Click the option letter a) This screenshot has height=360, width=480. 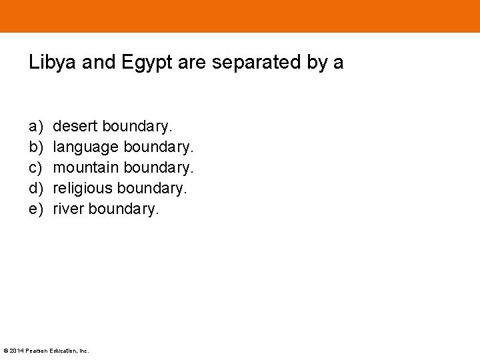[35, 126]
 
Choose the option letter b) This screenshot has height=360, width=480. [35, 147]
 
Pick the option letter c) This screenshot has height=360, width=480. [35, 167]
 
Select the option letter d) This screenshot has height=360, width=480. [35, 188]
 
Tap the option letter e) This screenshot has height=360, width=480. [35, 209]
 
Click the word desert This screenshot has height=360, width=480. [75, 126]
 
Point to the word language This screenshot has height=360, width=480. [86, 147]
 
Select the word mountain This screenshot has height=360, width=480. [86, 167]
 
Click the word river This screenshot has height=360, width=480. [68, 209]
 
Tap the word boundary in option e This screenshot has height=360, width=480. [124, 209]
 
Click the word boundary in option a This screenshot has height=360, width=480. [137, 126]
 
